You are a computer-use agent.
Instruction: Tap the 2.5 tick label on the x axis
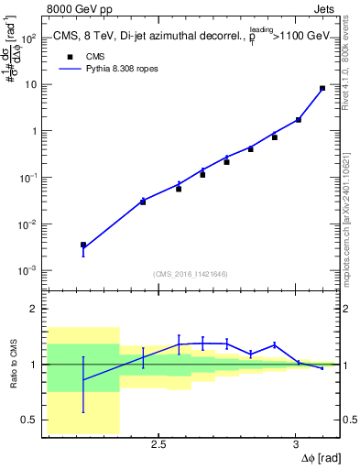[158, 444]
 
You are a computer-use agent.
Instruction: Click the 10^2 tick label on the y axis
[28, 38]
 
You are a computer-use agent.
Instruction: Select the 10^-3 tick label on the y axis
[28, 271]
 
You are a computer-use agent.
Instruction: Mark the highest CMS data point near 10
[322, 89]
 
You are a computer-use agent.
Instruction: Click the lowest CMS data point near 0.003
[83, 245]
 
